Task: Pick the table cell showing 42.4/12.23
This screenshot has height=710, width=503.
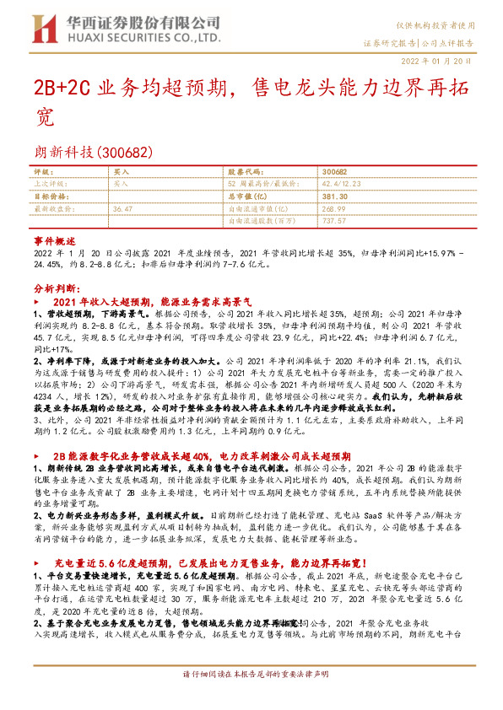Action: pyautogui.click(x=346, y=183)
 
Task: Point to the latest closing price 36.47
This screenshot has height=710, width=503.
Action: pyautogui.click(x=123, y=207)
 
